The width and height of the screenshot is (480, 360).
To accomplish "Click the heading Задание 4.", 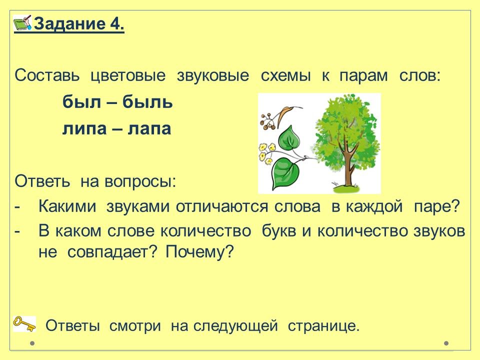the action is (x=79, y=24).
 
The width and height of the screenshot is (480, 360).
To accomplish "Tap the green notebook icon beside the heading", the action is (x=22, y=22).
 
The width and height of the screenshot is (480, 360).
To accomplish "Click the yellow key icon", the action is (x=24, y=324).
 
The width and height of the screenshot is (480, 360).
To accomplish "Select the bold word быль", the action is (x=147, y=101).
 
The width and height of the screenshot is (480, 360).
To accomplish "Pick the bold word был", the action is (x=81, y=101).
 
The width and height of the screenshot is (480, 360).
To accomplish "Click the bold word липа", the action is (x=84, y=128).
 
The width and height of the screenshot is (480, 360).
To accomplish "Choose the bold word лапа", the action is (x=149, y=128).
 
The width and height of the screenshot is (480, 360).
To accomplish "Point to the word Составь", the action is (x=47, y=75).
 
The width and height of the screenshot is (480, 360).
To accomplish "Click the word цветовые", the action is (x=128, y=76).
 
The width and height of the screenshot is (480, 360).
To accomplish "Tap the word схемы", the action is (x=285, y=76).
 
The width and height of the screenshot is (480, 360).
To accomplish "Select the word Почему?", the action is (x=199, y=252).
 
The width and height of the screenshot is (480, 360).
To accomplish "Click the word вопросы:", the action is (x=140, y=182).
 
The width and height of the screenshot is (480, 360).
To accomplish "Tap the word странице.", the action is (x=323, y=326).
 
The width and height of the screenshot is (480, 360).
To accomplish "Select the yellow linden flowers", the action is (x=267, y=153).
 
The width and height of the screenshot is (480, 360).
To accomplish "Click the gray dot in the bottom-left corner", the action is (x=32, y=343).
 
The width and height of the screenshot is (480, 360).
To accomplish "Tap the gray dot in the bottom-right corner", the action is (x=446, y=343).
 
